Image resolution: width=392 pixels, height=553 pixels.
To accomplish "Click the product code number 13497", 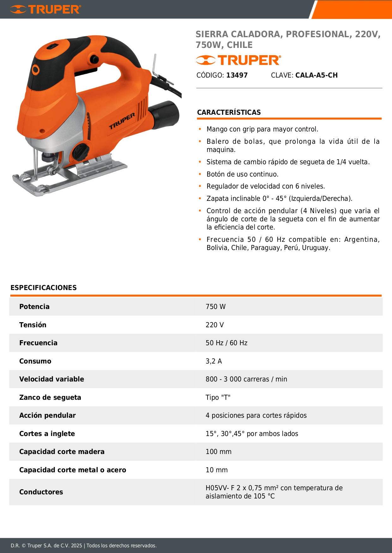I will coord(237,75).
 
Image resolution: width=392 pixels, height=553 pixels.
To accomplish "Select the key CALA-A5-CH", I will coord(316,75).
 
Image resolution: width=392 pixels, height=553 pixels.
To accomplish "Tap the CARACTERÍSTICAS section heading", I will coord(229,113).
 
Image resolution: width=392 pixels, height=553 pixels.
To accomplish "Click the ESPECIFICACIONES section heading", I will coord(44,288).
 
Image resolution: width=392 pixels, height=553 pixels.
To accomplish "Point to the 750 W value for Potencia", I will coord(215,307).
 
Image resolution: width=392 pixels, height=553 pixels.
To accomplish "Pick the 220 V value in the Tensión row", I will coord(214,325).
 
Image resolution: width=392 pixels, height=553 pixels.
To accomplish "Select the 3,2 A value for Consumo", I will coord(214,361).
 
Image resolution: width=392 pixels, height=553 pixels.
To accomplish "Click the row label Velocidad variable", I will coord(51,379).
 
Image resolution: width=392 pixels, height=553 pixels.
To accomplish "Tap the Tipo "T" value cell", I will coord(218,398).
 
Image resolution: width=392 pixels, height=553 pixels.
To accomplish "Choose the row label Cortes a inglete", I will coord(47,434).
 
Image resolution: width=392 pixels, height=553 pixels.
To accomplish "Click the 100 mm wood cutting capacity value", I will coord(218,452).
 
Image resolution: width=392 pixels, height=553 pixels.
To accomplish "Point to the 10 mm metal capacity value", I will coord(216,470).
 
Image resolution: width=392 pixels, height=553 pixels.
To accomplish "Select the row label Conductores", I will coord(41,492).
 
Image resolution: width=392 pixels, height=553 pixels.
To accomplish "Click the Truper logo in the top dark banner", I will coord(45,9).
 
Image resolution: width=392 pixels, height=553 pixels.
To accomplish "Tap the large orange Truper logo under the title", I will coord(238,60).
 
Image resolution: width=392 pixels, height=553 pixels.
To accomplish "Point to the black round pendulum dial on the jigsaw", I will coord(81,152).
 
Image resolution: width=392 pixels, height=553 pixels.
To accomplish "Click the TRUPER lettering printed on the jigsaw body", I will coord(122,121).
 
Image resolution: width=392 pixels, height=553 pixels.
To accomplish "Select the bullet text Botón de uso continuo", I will coord(242,174).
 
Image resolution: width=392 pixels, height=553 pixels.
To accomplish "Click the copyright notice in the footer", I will coord(84,546).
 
